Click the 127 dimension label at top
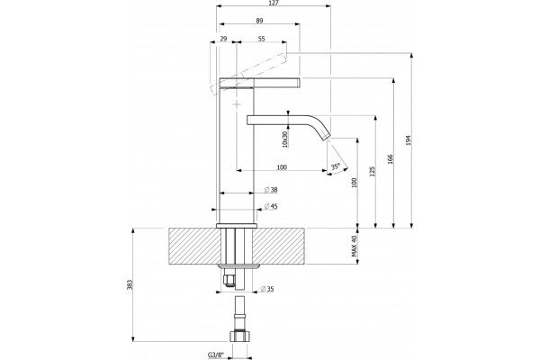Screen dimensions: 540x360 274,3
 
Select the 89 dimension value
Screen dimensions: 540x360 260,21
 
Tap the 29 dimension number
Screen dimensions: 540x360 223,39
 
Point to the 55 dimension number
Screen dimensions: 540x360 261,39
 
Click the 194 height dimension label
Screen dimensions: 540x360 409,140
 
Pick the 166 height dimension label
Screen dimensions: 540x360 391,158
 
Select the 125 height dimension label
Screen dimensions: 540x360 372,172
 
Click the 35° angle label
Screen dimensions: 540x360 336,166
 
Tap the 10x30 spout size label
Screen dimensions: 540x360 284,139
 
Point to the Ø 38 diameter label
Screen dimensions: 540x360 271,190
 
